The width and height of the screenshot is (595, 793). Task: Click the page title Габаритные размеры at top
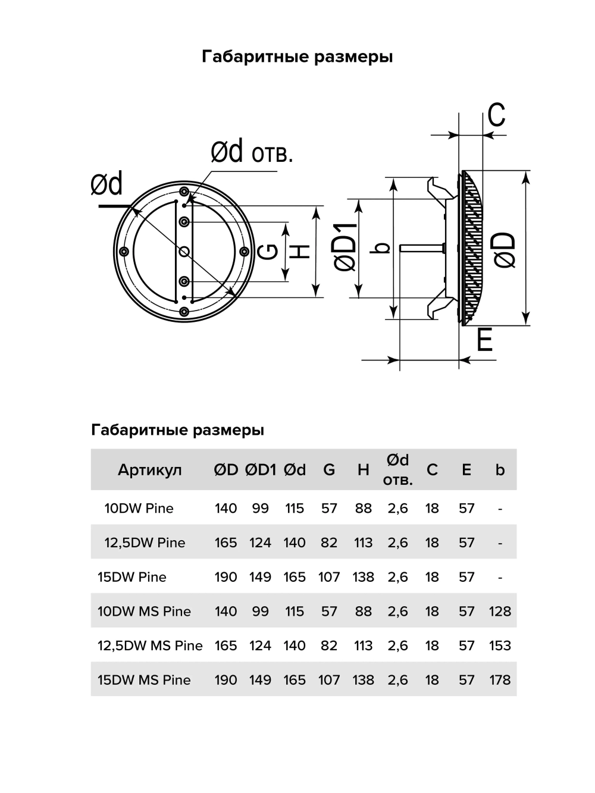point(297,57)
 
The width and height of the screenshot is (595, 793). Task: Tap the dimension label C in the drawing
point(496,115)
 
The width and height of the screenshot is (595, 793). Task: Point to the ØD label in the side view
point(505,250)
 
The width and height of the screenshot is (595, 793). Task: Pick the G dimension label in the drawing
point(269,252)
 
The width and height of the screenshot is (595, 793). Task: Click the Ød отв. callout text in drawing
point(252,153)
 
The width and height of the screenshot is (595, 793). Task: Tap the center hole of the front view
point(184,252)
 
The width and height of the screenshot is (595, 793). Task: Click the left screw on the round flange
point(124,251)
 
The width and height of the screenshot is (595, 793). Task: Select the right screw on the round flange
point(244,251)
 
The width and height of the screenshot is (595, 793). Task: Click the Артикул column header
point(149,470)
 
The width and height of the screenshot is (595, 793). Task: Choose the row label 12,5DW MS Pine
point(150,645)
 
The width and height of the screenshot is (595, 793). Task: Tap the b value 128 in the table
point(500,611)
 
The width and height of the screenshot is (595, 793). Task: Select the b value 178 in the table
point(500,680)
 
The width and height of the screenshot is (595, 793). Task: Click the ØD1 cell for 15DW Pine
point(260,577)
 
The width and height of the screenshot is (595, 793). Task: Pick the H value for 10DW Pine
point(363,508)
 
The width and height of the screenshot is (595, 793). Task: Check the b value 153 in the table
point(500,645)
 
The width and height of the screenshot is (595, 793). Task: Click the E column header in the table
point(466,470)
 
